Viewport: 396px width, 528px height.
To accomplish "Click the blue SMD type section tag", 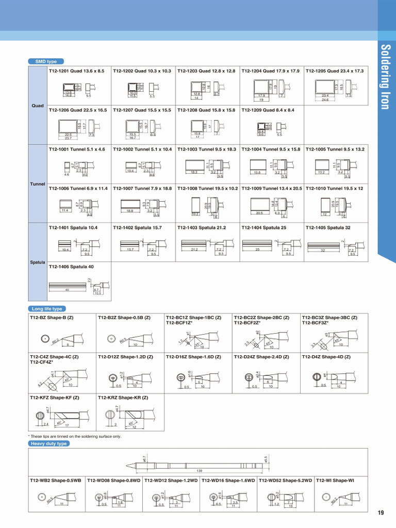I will coord(46,61).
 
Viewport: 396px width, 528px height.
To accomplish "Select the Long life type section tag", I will coord(47,309).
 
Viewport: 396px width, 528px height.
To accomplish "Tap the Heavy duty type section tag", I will coord(48,443).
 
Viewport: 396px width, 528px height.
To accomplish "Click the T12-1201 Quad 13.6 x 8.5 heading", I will coord(76,71).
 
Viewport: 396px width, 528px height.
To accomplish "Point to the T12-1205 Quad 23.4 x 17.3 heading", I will coord(334,71).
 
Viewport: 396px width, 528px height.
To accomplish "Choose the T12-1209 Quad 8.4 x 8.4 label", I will coord(268,110).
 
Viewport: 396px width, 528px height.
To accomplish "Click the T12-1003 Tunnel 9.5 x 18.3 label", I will coord(206,149).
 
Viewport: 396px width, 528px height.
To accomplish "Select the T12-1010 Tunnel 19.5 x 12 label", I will coord(334,188).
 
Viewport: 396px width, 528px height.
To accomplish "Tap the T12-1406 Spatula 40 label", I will coord(71,267).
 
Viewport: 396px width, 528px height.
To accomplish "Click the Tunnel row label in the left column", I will coord(38,184).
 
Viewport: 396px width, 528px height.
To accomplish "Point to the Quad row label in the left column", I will coord(38,106).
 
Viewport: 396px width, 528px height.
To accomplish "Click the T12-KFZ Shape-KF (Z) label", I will coord(54,398).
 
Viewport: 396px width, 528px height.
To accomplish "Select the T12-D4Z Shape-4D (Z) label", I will coord(326,356).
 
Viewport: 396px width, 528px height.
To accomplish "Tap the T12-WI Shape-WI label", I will coord(335,481).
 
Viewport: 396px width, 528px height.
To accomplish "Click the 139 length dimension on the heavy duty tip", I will coord(199,471).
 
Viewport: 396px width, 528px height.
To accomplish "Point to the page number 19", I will coord(381,513).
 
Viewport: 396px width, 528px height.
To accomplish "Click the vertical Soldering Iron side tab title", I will coord(386,77).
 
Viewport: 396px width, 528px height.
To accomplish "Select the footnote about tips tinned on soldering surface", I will coord(75,436).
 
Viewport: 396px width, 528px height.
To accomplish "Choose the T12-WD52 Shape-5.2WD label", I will coord(286,481).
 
